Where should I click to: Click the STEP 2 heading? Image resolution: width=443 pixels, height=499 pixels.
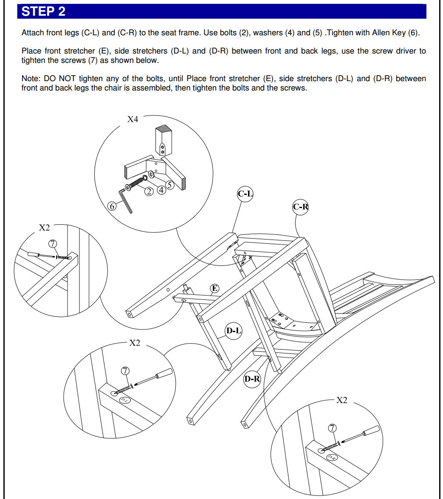coord(43,11)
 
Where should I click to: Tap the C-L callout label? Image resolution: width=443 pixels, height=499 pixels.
coord(245,194)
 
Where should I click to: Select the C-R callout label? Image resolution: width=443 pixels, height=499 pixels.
coord(300,207)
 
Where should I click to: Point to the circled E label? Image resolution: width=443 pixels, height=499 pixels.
coord(215,289)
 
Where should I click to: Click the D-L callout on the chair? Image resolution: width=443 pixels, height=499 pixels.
coord(233,330)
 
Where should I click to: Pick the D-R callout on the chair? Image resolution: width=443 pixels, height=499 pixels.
coord(251,378)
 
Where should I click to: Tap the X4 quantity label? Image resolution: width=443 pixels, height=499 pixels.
coord(133,119)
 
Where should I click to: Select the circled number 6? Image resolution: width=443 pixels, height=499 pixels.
coord(112,206)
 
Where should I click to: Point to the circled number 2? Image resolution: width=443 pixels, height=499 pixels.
coord(149,191)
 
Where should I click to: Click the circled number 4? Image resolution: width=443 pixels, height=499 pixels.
coord(161,189)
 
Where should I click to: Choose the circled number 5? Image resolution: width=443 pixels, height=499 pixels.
coord(169,185)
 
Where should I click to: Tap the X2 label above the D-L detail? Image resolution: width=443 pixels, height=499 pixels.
coord(135,343)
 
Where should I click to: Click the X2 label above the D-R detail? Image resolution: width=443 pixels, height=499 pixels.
coord(342,400)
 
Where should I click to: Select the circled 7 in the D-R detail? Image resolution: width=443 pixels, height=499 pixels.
coord(332,428)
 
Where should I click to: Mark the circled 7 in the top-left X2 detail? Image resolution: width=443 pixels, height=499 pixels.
coord(53,243)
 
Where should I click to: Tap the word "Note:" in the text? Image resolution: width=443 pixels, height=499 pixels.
coord(31,79)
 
